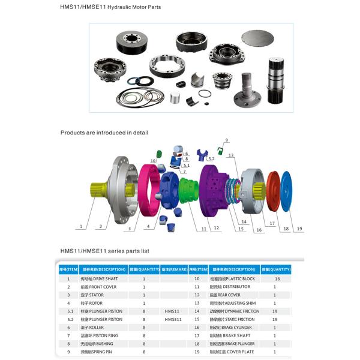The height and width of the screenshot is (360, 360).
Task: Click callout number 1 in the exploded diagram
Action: tap(80, 227)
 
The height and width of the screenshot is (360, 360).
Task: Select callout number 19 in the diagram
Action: tap(299, 228)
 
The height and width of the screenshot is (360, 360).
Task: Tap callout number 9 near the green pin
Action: tap(226, 140)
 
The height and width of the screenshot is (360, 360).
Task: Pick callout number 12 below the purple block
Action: tap(216, 228)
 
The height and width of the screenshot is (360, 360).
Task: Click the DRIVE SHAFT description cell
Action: tap(101, 279)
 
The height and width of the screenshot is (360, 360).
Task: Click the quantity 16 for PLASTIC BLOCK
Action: tap(277, 279)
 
